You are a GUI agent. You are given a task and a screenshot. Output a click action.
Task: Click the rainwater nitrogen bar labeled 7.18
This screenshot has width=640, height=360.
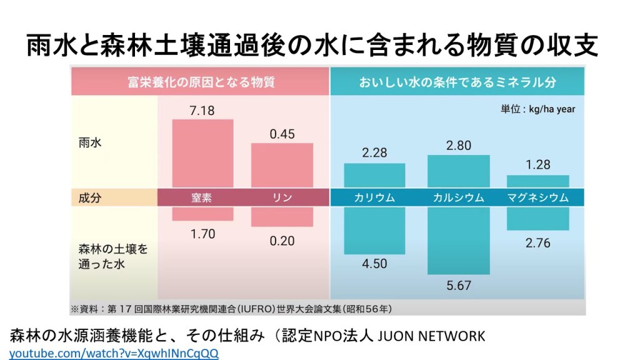202,153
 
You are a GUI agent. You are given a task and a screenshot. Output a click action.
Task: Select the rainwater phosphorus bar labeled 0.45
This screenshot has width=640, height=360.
282,165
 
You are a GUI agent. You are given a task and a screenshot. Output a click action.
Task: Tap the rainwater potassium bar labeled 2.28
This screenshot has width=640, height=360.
374,175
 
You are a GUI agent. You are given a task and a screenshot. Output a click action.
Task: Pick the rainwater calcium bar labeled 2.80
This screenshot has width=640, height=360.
458,171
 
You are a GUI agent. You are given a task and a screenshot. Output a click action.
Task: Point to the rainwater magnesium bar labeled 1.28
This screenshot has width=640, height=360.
537,181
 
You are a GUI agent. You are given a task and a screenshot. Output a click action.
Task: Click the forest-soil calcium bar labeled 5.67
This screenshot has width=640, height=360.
458,241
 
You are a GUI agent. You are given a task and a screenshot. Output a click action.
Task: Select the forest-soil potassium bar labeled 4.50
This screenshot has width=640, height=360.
374,231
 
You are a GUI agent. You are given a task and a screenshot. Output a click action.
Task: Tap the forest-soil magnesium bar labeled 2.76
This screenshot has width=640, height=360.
537,219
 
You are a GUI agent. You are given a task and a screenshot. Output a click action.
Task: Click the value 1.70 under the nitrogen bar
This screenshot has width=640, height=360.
202,234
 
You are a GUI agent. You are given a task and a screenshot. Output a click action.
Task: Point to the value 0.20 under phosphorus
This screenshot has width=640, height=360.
282,241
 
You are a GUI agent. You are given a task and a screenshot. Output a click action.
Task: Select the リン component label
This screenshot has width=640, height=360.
282,197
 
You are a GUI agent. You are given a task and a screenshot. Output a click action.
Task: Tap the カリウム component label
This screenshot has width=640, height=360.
374,197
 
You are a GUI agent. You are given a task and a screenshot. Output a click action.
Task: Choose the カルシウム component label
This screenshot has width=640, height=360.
458,197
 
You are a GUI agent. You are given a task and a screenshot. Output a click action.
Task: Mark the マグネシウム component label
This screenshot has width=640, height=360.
537,197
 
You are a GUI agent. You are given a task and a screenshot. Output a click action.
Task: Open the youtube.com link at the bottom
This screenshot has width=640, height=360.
114,353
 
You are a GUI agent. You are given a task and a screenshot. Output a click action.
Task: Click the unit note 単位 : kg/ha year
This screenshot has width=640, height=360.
537,109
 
